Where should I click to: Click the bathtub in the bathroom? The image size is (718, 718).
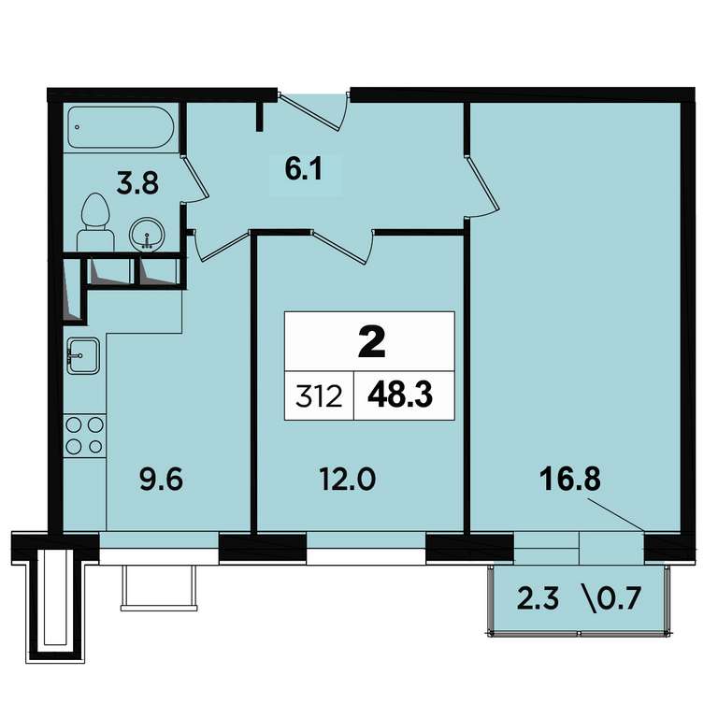pos(121,127)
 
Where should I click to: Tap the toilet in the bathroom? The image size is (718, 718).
pos(95,223)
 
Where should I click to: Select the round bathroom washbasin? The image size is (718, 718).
pos(146,234)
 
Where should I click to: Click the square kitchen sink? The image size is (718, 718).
pos(83,356)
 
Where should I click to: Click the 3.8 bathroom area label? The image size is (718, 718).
pos(137,182)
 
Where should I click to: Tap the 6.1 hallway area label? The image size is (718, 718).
pos(304,169)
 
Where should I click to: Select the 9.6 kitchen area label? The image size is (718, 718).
pos(161,480)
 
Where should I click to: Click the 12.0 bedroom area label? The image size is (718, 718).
pos(348,480)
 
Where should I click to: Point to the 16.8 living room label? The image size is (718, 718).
pos(569,480)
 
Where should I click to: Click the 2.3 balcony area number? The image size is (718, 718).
pos(538,598)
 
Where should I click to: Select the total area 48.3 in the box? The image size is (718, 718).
pos(400,395)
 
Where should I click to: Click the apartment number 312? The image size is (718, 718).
pos(319,396)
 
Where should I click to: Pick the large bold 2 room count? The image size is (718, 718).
pos(371,343)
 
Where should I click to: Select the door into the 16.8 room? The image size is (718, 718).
pos(481,186)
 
